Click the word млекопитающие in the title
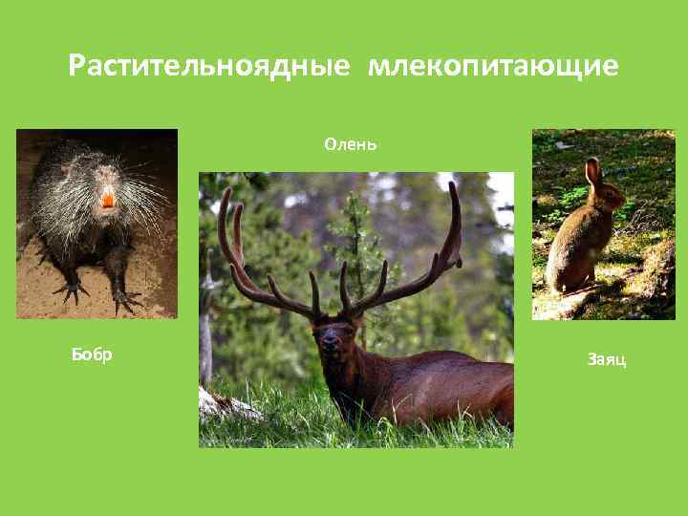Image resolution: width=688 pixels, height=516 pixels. coord(494,66)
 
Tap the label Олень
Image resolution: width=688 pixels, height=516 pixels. coord(351,144)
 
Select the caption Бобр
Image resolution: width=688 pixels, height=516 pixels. coord(92,355)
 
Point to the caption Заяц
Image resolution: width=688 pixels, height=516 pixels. coord(607,360)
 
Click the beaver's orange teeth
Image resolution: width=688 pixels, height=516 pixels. coord(107,200)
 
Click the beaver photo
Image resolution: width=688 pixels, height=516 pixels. coord(97,223)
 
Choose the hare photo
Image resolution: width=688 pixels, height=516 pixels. coord(603,224)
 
